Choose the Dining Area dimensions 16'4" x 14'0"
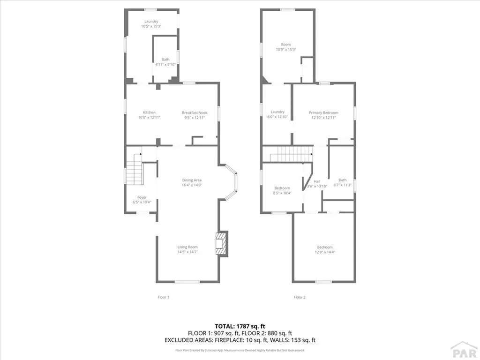[192, 185]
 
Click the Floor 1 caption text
[163, 297]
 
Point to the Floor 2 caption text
[300, 297]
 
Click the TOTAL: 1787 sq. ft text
[240, 326]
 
